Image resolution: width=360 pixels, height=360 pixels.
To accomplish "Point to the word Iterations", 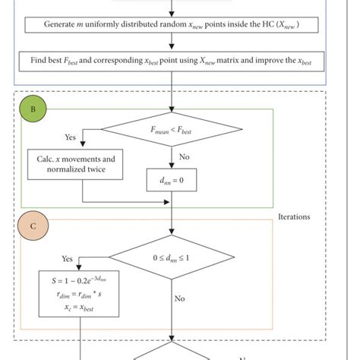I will tap(294, 216).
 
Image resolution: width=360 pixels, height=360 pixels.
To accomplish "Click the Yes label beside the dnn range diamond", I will tap(67, 258).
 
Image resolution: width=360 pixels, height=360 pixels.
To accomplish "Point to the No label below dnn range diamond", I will tap(179, 298).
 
